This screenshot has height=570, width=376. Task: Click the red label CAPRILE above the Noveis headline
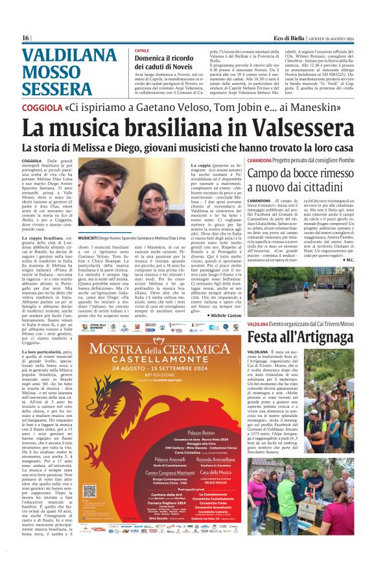(x=141, y=51)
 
